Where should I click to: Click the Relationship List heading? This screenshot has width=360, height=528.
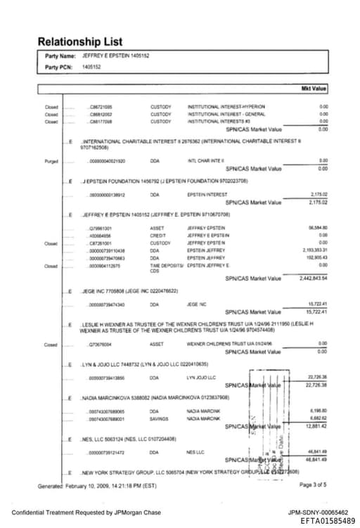point(79,42)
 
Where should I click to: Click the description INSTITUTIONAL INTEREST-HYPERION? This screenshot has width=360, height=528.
point(223,107)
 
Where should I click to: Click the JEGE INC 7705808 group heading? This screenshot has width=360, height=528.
point(129,290)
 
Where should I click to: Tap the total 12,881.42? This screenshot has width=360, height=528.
point(317,425)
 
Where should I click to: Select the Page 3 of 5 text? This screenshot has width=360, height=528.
point(314,484)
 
